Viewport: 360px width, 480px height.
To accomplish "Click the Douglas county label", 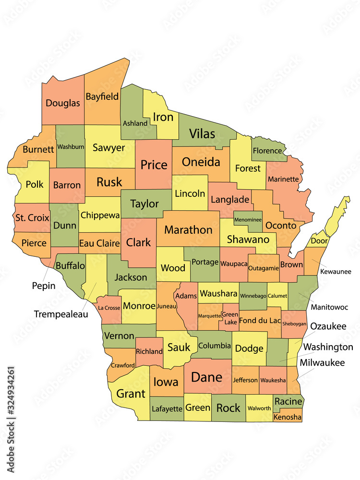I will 63,103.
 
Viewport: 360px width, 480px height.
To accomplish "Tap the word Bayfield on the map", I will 102,96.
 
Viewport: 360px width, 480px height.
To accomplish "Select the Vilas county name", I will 202,133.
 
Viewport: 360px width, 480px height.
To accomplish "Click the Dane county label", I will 207,377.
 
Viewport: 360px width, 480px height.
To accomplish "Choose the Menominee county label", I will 248,220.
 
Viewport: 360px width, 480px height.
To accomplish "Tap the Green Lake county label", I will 230,318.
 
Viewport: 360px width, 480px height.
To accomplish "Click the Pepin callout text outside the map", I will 44,286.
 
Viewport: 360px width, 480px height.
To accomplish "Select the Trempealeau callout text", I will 61,314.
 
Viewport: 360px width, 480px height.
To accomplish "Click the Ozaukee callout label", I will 328,326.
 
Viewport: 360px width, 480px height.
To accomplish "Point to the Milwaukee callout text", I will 322,363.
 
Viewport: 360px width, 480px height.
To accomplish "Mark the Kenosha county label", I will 288,418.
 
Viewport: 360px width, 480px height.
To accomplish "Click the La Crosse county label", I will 108,308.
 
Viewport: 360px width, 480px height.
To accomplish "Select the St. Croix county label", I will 32,217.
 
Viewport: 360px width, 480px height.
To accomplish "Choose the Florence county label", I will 267,151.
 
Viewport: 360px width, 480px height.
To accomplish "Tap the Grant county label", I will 131,394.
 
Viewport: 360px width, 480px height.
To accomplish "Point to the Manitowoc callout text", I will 330,307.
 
